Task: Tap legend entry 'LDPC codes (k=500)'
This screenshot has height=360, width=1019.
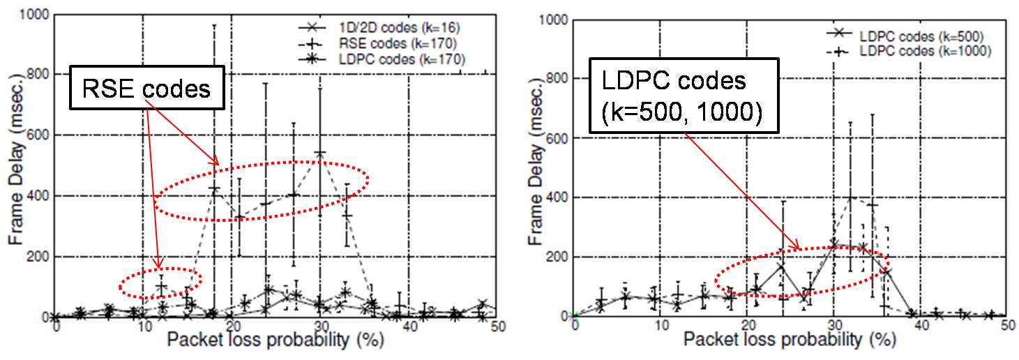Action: (921, 35)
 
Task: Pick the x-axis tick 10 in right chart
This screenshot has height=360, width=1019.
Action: (659, 327)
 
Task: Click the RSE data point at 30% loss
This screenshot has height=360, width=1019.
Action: (320, 153)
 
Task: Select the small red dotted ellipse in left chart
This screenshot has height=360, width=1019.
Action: (160, 282)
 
